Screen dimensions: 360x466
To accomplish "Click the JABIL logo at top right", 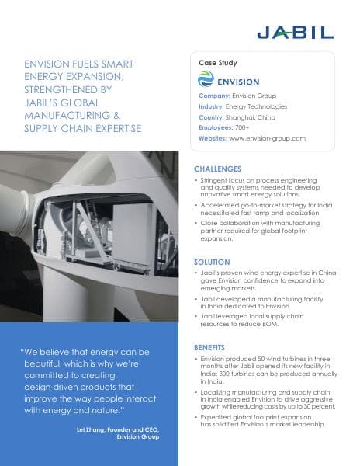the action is pos(295,32).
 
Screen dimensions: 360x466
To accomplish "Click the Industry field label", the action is pos(206,106).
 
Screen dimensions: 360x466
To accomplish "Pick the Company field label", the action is pos(208,96).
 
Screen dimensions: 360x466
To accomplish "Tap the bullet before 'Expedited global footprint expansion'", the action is pos(196,417).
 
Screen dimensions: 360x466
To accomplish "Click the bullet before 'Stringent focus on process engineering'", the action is pos(196,180).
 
